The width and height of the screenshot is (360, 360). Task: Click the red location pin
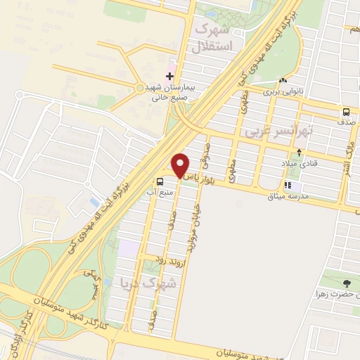(181, 165)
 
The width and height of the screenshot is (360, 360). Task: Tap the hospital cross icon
(169, 75)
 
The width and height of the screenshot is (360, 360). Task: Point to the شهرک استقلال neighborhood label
(211, 40)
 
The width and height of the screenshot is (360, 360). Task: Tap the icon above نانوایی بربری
(283, 80)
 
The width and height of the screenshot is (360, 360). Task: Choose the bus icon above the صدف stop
(345, 111)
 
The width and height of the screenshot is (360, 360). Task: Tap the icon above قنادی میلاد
(300, 153)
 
